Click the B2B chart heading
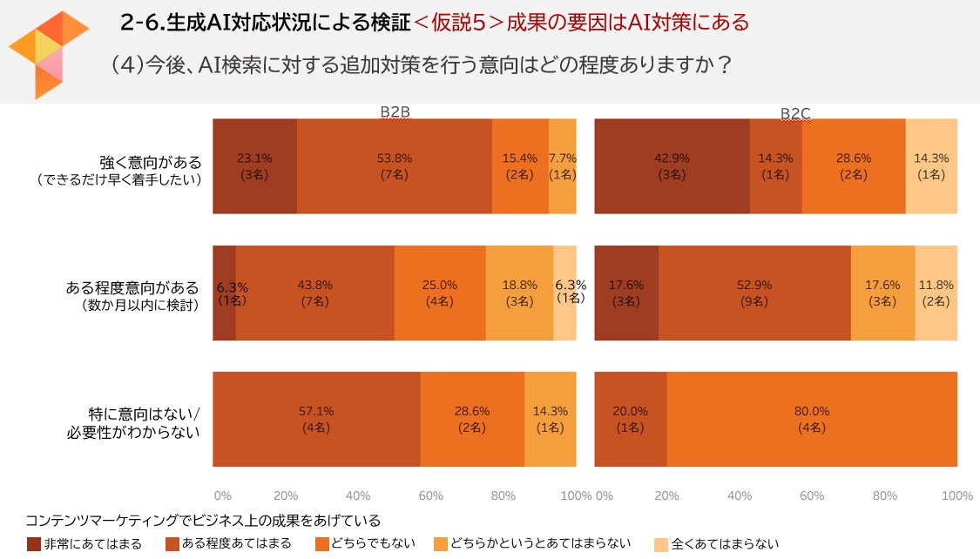click(x=395, y=112)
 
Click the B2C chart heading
click(x=795, y=113)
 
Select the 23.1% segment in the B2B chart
click(x=255, y=166)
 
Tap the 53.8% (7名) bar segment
click(x=394, y=166)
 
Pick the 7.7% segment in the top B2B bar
click(x=562, y=166)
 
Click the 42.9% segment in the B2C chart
click(x=672, y=166)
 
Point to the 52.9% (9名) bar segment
click(x=754, y=293)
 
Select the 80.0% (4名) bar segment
click(x=811, y=419)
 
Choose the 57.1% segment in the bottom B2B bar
click(x=316, y=419)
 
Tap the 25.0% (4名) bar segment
click(x=439, y=293)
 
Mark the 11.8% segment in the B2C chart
click(x=936, y=293)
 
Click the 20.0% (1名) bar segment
click(x=630, y=419)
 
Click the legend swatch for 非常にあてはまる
click(x=33, y=544)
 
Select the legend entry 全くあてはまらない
click(x=725, y=544)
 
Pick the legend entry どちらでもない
click(x=379, y=544)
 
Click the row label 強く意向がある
click(x=150, y=162)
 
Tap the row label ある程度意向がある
click(x=132, y=287)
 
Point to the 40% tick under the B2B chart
click(x=358, y=495)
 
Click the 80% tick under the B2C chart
click(x=884, y=495)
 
